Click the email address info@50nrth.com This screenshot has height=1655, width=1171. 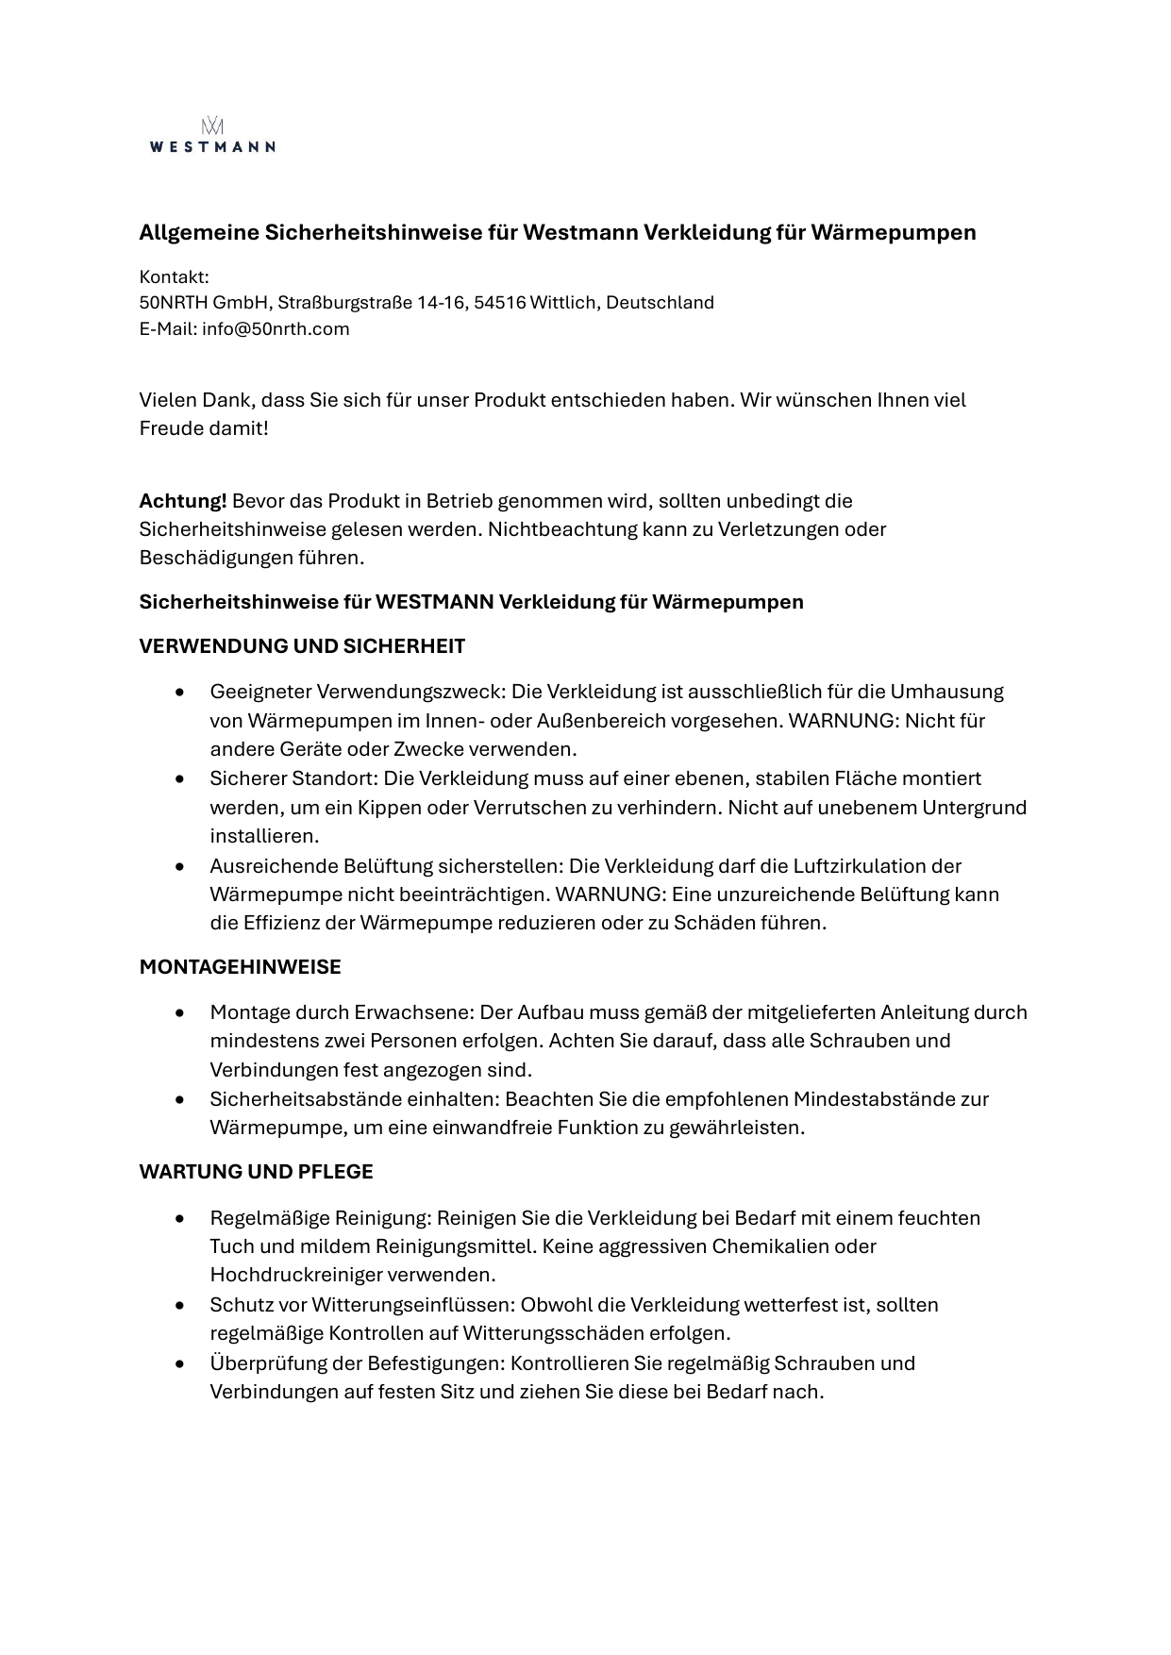coord(276,329)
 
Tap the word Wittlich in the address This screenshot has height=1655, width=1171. coord(563,303)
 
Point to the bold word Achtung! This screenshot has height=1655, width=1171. coord(183,501)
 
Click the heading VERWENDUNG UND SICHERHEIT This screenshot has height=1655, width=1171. coord(302,646)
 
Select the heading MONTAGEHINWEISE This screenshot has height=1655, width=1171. coord(240,967)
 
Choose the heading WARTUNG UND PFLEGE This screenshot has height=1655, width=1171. coord(256,1172)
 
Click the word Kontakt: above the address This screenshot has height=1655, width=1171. coord(174,277)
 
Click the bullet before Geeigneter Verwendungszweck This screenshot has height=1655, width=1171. coord(179,693)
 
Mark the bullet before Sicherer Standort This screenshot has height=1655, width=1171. coord(179,779)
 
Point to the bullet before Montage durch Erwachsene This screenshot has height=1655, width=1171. coord(179,1013)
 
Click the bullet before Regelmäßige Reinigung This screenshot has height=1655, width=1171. coord(179,1219)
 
